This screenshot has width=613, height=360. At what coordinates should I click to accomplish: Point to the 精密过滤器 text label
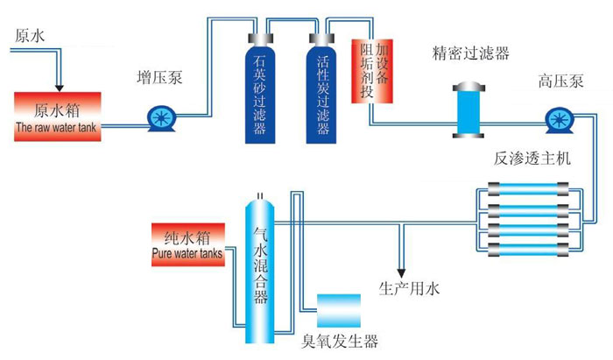(x=471, y=53)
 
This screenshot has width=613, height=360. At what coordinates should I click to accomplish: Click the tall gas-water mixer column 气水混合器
(x=260, y=263)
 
